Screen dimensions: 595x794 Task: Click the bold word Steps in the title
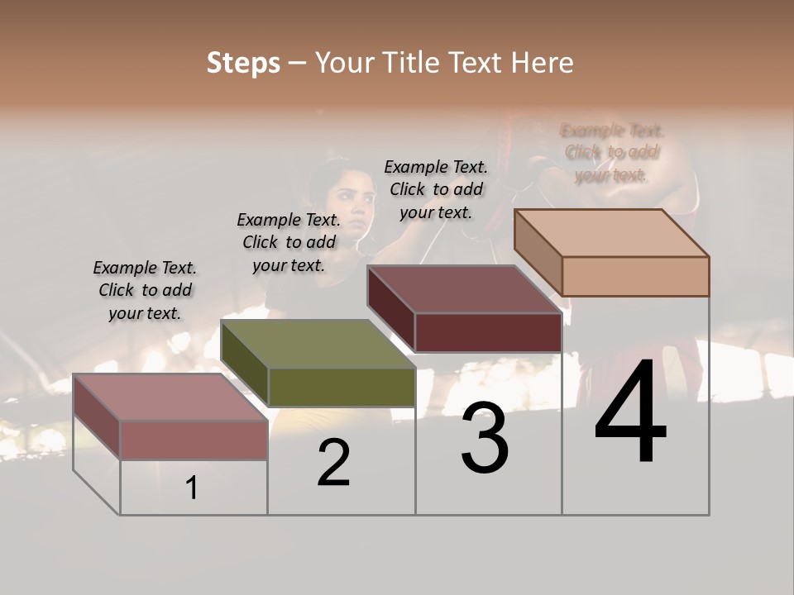coord(243,63)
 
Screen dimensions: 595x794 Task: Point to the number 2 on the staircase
coord(333,464)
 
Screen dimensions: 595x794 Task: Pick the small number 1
coord(192,488)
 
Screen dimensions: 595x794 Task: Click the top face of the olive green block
coord(318,344)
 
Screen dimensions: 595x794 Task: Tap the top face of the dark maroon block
coord(463,289)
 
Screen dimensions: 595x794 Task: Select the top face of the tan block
coord(612,233)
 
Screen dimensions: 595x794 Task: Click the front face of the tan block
coord(635,276)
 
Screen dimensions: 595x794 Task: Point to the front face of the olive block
coord(342,387)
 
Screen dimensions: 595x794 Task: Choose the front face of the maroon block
coord(488,332)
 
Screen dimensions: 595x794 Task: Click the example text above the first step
coord(145,290)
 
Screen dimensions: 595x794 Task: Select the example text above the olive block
coord(289,242)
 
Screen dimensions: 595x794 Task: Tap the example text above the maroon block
coord(436,189)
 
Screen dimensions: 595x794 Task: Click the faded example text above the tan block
coord(612,152)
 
